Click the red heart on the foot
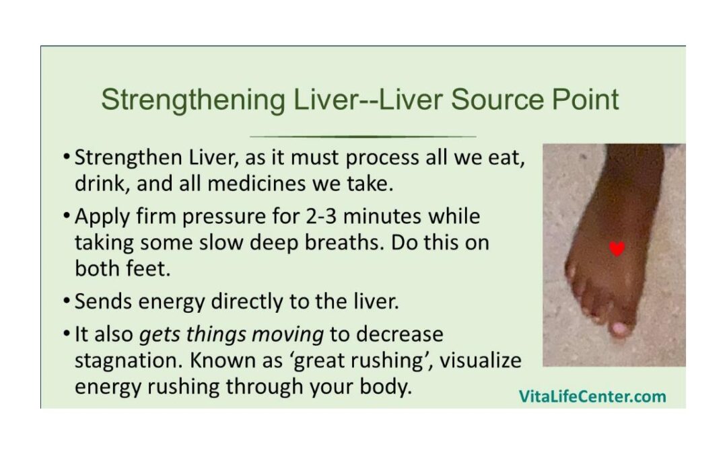[617, 249]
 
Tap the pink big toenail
[619, 329]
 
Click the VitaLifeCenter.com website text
[592, 397]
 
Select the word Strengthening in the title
[193, 100]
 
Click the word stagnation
[129, 361]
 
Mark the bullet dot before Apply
[67, 217]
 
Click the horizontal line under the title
[363, 137]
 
